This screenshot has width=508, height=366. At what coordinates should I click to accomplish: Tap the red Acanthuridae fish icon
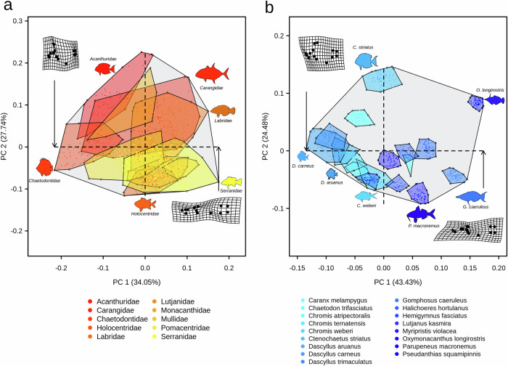coord(105,69)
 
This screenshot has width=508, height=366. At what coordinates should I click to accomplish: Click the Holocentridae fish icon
coord(144,204)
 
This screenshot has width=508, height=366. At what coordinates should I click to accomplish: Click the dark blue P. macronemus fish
coord(419,213)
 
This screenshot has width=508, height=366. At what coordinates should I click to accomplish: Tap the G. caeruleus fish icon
coord(472,197)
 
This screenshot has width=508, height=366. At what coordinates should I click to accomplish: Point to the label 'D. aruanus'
coord(332,182)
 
